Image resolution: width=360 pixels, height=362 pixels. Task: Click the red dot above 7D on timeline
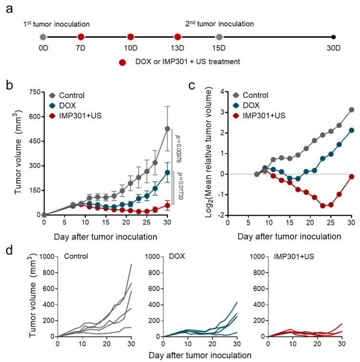click(81, 37)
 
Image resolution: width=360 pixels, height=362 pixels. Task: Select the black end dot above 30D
click(333, 37)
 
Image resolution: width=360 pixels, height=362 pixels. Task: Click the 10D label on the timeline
click(130, 49)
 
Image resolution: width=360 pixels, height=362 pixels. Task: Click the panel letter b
click(9, 84)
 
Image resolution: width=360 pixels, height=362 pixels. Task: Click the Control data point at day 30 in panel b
click(167, 129)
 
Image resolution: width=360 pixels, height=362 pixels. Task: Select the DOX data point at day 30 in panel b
click(167, 172)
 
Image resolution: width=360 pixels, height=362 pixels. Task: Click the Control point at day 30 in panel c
click(338, 110)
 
